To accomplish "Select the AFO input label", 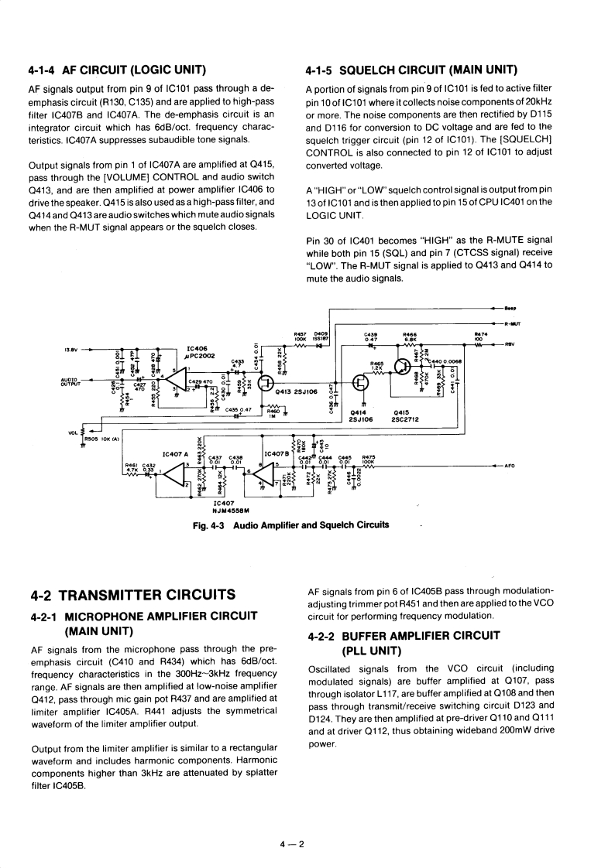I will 509,466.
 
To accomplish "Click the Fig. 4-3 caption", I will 290,525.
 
